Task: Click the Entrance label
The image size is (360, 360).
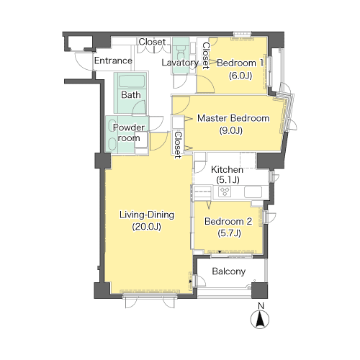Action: point(113,60)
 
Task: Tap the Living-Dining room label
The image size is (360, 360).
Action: point(147,215)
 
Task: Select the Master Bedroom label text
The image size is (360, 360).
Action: point(233,118)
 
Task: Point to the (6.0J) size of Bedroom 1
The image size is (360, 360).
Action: point(240,76)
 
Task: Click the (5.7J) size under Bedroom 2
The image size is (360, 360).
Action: point(229,233)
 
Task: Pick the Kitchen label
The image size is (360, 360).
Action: point(227,170)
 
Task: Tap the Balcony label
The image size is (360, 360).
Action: point(229,271)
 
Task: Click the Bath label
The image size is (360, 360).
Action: point(131,95)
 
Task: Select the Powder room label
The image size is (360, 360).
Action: point(129,132)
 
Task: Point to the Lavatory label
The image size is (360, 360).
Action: point(180,63)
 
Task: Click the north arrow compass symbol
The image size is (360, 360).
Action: point(260,319)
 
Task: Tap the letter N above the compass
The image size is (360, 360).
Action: point(261,306)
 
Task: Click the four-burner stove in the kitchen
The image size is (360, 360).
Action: point(225,192)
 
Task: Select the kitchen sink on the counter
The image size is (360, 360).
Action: point(253,192)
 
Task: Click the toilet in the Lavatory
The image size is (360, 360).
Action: point(180,50)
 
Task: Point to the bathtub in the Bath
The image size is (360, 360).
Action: point(132,81)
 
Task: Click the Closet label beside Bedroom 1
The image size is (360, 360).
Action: point(206,55)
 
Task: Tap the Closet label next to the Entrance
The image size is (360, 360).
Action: point(152,42)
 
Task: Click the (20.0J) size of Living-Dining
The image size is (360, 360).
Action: point(146,227)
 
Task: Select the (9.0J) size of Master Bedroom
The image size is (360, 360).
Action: point(231,130)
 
